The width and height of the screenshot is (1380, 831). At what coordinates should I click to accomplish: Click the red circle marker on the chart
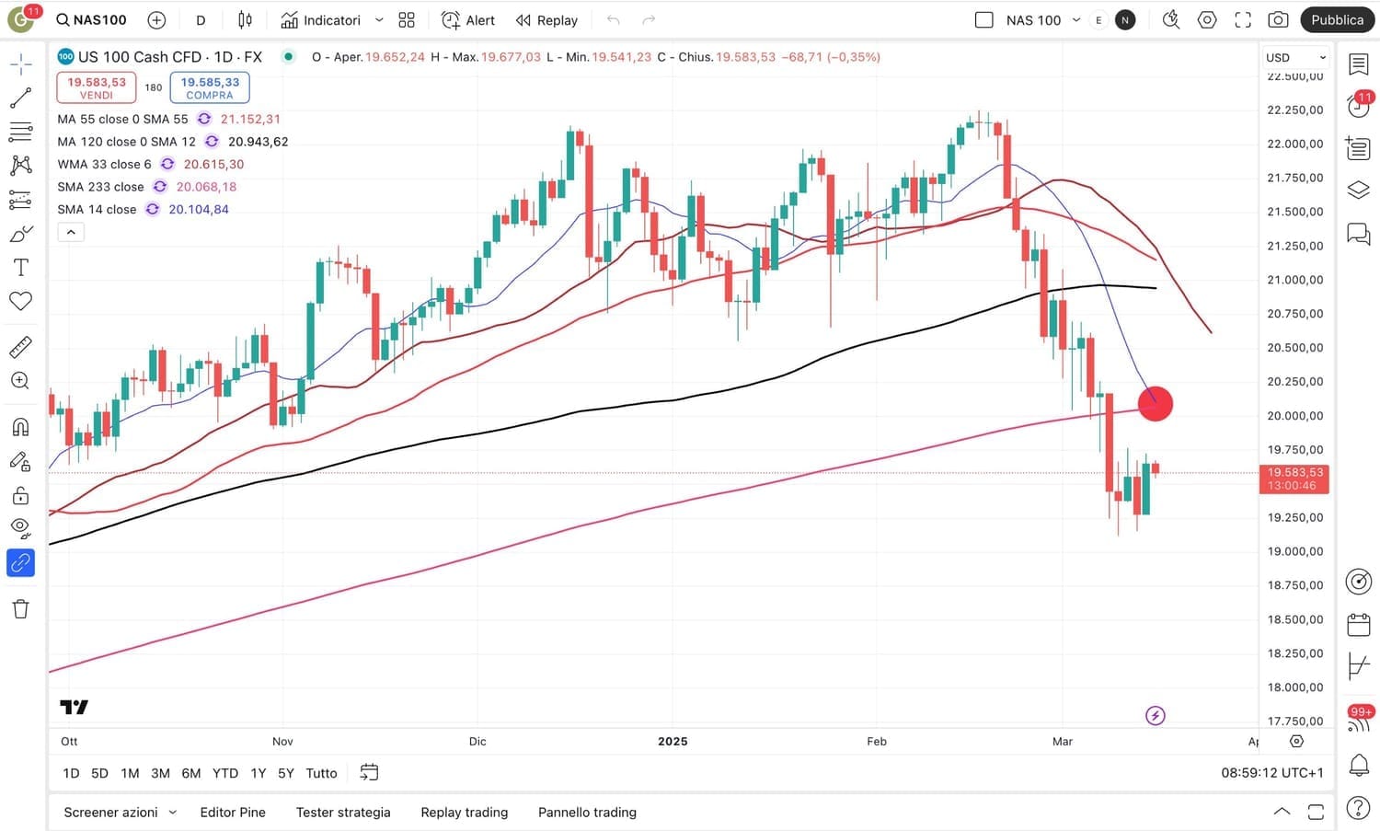1156,403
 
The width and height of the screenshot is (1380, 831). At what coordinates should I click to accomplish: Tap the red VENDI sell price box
97,87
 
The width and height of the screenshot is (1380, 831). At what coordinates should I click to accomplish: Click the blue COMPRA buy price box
210,87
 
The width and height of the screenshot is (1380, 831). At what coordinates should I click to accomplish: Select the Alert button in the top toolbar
468,20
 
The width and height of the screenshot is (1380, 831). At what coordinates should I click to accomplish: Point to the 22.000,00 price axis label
1294,144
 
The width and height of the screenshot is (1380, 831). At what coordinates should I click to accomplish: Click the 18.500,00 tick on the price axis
1294,619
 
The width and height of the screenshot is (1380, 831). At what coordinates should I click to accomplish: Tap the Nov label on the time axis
282,741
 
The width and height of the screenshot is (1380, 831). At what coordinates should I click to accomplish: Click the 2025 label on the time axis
673,741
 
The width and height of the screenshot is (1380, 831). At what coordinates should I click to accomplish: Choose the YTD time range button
225,773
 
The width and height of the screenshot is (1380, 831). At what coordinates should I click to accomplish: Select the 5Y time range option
286,773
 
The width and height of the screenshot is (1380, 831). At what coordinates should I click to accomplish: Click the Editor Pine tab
233,812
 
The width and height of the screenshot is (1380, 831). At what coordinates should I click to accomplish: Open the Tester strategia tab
343,812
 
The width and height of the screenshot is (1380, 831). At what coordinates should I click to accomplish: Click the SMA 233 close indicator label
100,187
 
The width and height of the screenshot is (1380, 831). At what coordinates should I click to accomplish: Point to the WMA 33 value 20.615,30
213,164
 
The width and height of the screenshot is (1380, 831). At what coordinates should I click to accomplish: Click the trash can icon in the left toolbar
20,608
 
